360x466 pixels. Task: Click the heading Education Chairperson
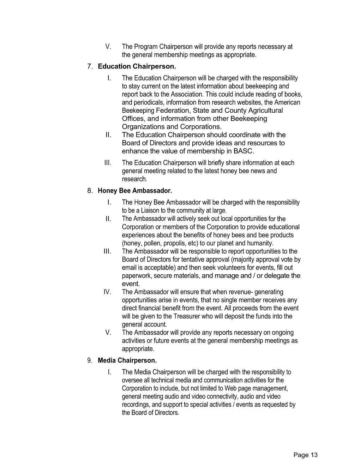[x=137, y=66]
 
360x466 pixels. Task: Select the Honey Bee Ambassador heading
[x=135, y=191]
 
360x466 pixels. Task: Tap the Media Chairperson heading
[x=127, y=360]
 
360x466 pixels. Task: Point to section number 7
[x=90, y=66]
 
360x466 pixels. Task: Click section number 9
[x=90, y=360]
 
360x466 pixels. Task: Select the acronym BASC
[x=243, y=151]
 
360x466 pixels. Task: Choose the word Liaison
[x=151, y=211]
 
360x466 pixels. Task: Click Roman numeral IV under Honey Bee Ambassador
[x=107, y=292]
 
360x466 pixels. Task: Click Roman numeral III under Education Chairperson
[x=108, y=163]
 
